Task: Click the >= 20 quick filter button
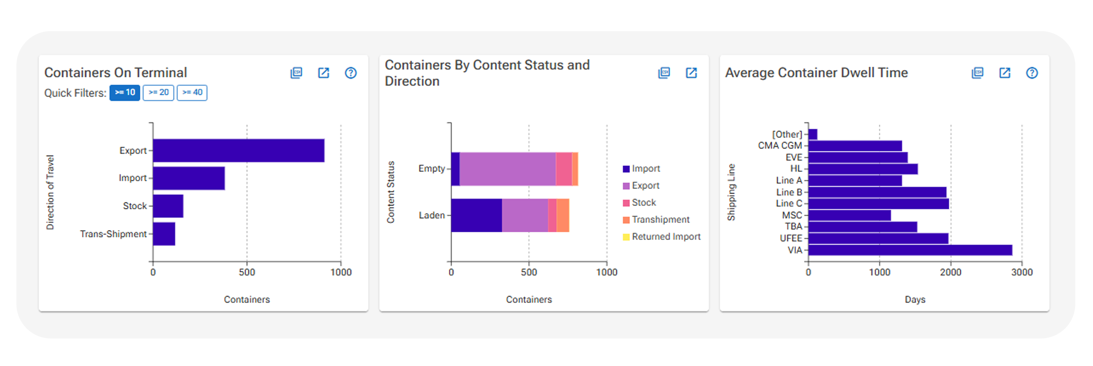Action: tap(158, 92)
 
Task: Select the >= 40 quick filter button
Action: tap(192, 92)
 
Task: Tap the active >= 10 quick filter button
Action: tap(125, 92)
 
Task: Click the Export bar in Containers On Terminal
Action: tap(238, 150)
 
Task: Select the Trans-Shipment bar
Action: tap(164, 234)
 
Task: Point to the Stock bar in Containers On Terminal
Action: tap(168, 206)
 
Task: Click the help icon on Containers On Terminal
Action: tap(351, 73)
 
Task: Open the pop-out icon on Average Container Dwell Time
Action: tap(1004, 73)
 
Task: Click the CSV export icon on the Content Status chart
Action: tap(664, 73)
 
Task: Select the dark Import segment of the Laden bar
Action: tap(476, 216)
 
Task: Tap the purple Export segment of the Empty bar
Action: tap(507, 169)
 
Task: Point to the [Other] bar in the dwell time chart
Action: tap(812, 134)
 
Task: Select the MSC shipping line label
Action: tap(792, 215)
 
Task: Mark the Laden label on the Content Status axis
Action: tap(431, 216)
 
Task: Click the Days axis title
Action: tap(915, 299)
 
